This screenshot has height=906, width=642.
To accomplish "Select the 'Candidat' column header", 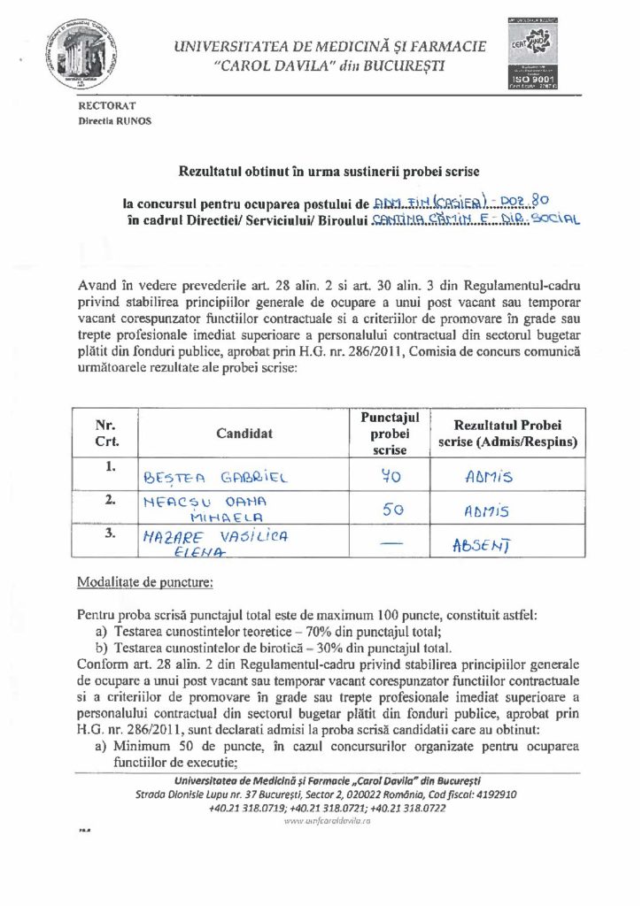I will click(244, 433).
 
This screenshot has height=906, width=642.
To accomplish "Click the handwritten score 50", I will click(391, 510).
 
